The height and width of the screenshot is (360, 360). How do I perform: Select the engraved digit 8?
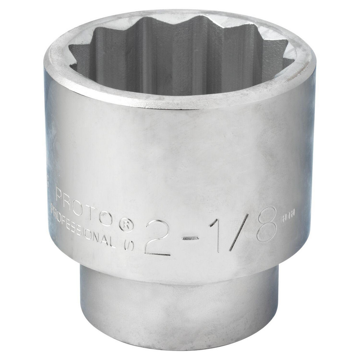(x=266, y=224)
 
